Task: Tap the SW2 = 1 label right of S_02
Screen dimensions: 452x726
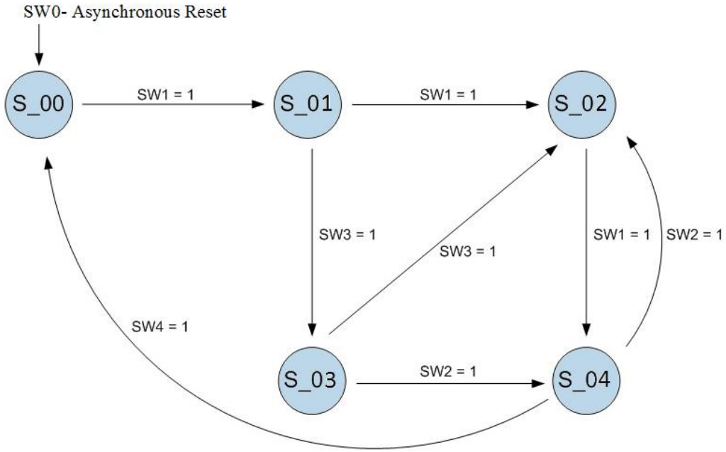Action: (x=693, y=235)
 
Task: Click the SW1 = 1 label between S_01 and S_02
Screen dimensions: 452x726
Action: (x=447, y=94)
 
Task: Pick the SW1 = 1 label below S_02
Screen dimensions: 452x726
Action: (x=621, y=235)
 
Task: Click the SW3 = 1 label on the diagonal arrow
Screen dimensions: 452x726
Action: (x=468, y=251)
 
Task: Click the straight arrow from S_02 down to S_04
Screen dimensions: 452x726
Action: (x=586, y=241)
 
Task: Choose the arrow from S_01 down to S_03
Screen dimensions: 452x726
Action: (x=311, y=241)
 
